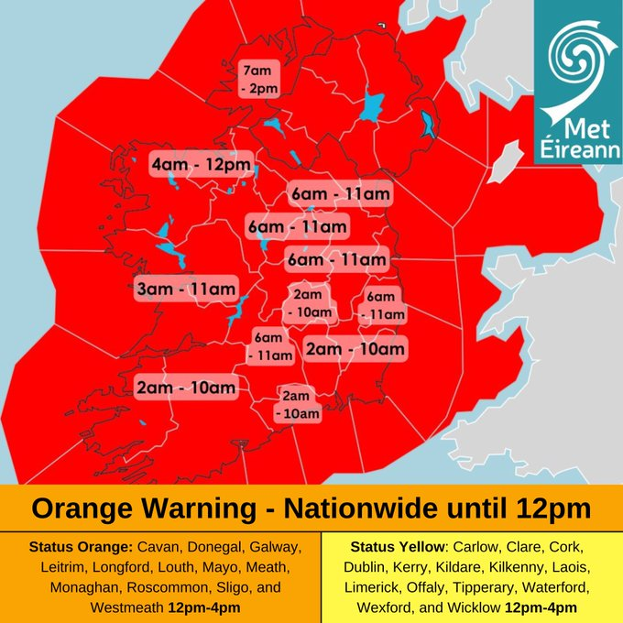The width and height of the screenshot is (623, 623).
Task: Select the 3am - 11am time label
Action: (186, 290)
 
